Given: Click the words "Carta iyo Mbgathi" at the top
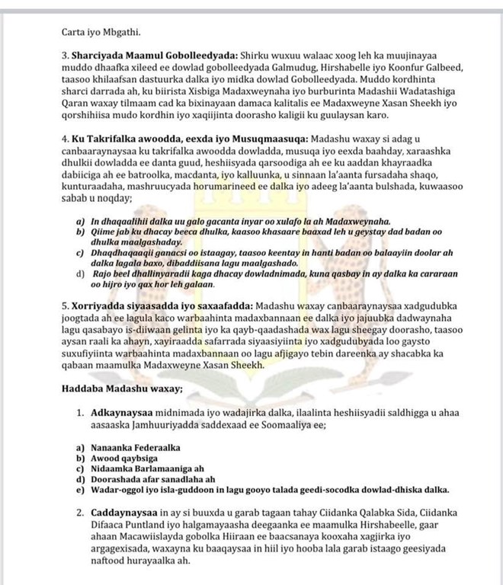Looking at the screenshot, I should click(x=101, y=33).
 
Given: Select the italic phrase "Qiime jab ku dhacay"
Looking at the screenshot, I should click(x=138, y=232).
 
